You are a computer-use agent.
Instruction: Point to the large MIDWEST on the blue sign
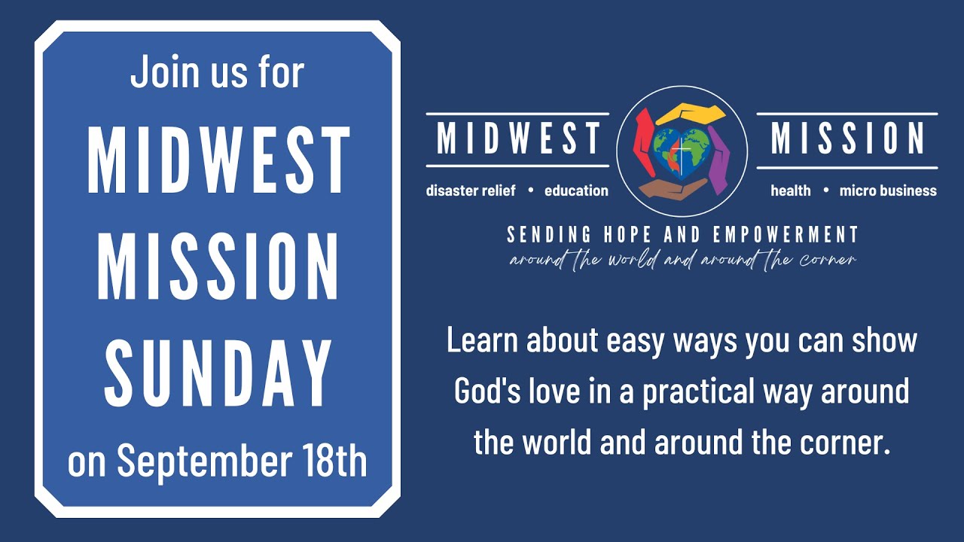(x=218, y=160)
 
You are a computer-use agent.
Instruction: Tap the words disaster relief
(x=471, y=191)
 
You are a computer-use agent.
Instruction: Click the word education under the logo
(x=576, y=191)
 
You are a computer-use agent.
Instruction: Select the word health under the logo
(x=791, y=191)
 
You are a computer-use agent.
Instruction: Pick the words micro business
(x=888, y=191)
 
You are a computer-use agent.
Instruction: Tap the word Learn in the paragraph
(x=481, y=341)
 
